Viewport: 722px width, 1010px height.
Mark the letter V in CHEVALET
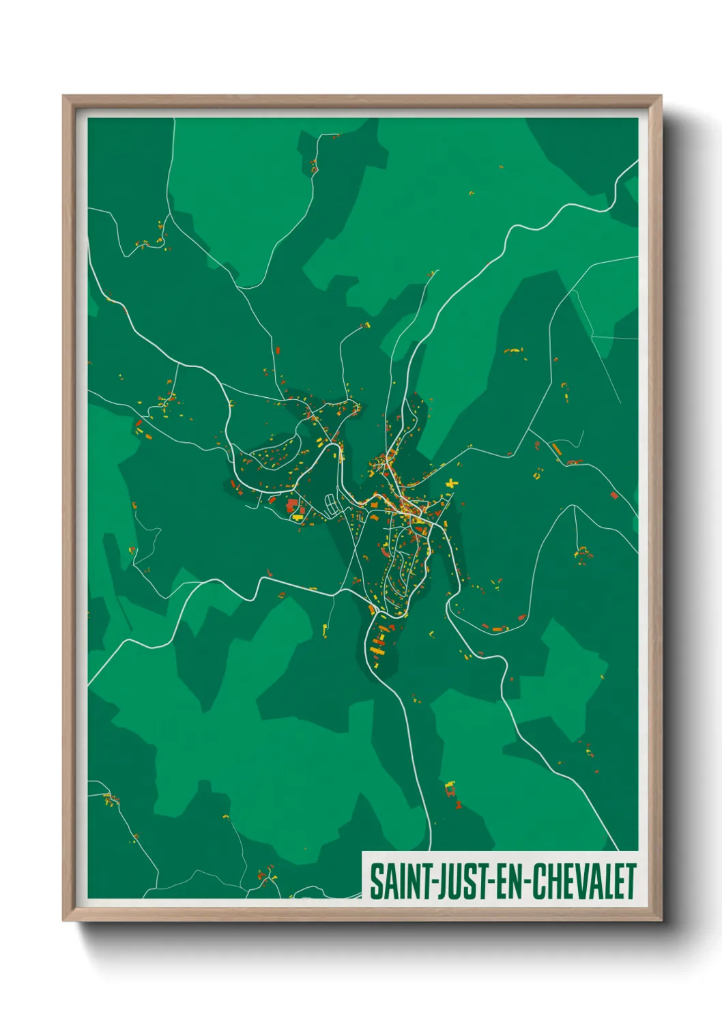pos(577,882)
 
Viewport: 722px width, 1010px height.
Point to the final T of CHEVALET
pos(631,882)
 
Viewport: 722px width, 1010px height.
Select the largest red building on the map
pos(293,506)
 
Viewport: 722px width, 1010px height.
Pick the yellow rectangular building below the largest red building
pos(298,518)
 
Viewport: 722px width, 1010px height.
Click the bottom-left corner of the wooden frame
pos(64,920)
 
